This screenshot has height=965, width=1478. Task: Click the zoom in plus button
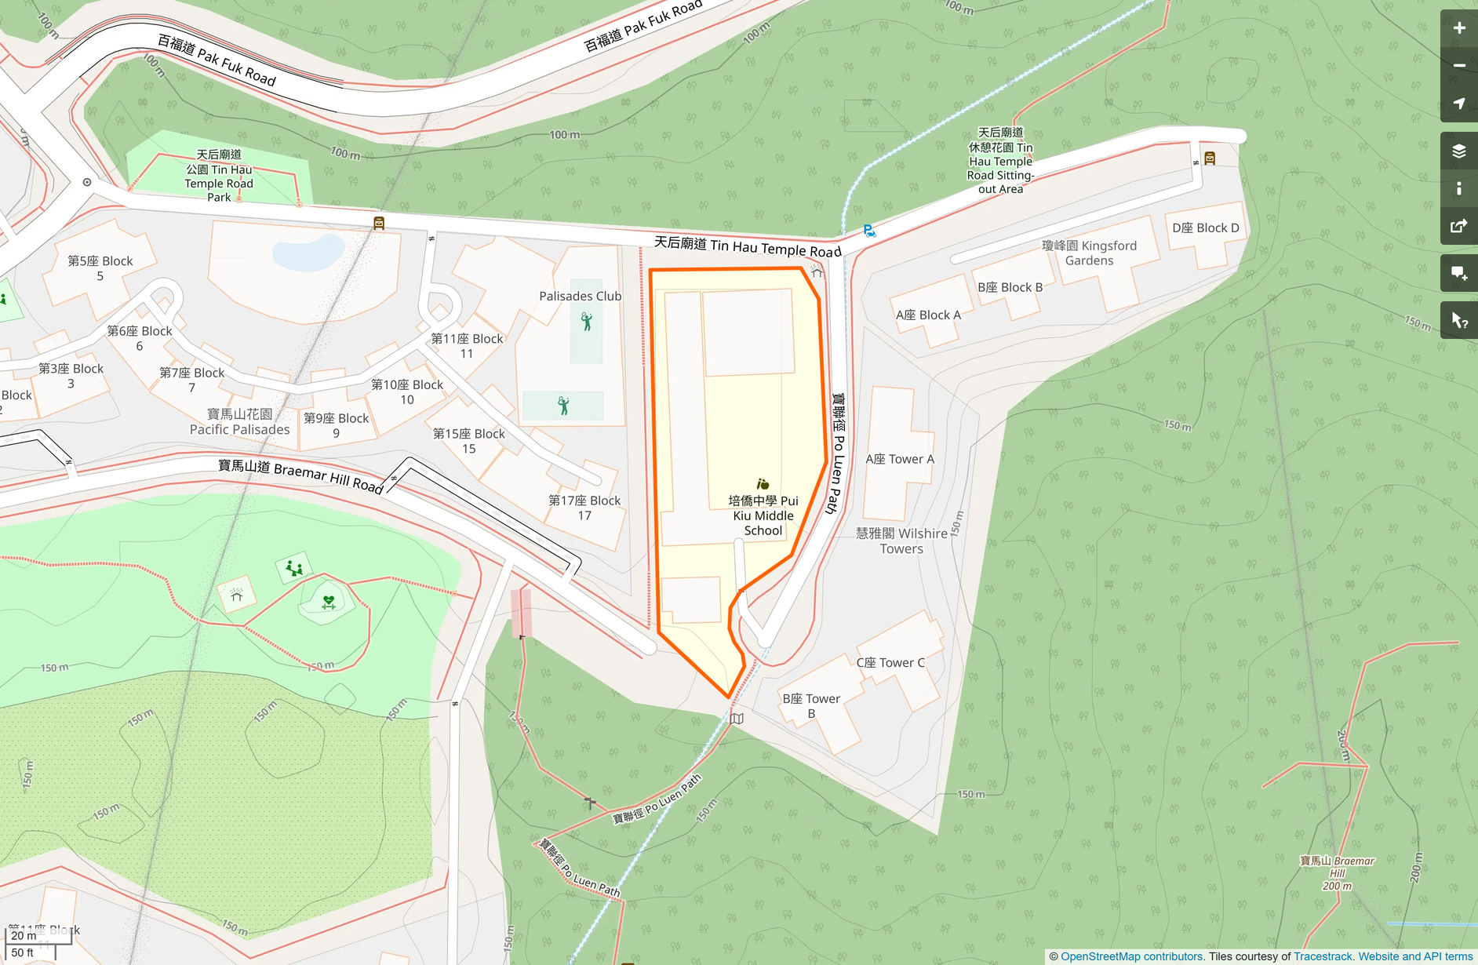1458,28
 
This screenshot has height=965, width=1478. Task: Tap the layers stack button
1458,151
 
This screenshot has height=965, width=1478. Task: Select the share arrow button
1458,227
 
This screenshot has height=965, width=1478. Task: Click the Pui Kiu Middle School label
763,515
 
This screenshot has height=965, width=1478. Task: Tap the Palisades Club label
580,296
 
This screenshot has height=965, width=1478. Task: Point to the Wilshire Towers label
901,541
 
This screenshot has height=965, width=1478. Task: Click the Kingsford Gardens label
1089,253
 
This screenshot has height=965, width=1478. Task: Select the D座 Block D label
1205,228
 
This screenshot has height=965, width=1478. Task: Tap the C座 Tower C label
890,662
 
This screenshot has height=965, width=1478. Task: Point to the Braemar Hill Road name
300,475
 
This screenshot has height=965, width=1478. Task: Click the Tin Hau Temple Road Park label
219,176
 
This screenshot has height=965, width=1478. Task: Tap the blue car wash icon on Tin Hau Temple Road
869,231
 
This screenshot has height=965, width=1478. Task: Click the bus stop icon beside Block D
1210,158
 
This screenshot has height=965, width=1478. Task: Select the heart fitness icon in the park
329,601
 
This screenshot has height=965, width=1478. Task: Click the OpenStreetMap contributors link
1130,956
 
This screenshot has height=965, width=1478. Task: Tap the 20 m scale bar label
24,935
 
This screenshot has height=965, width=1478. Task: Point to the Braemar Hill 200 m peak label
1337,873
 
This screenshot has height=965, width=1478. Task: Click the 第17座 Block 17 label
584,508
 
